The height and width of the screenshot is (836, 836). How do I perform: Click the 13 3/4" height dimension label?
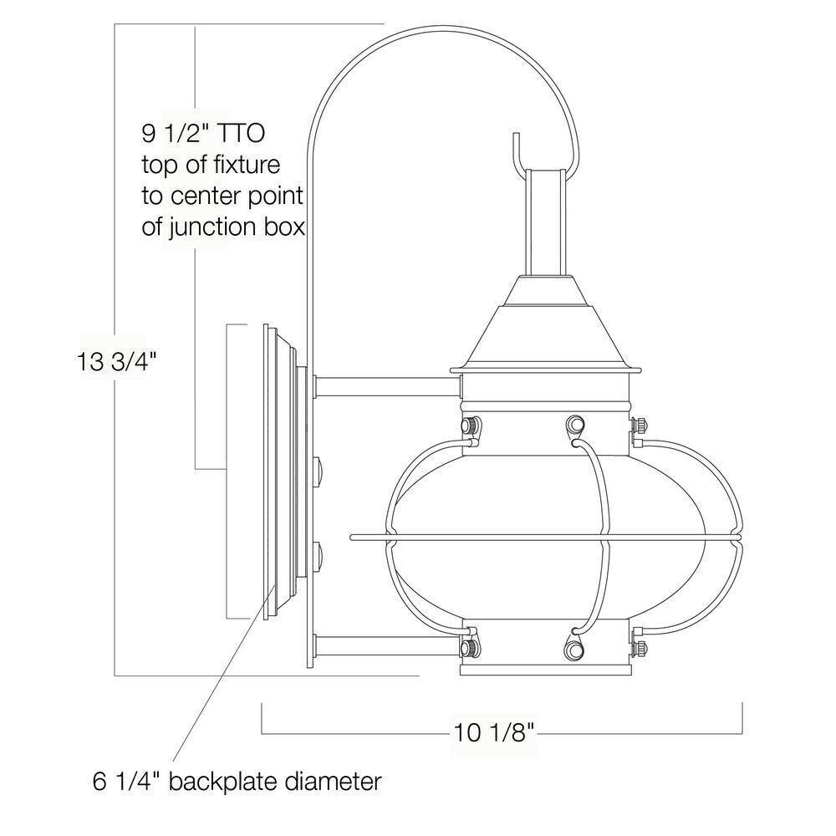118,362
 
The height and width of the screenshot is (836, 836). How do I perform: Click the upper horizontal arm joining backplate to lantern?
386,386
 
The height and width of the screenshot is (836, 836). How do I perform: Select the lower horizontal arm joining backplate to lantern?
386,645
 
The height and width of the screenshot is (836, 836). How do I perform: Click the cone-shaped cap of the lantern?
545,334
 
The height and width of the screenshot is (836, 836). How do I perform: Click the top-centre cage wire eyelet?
573,426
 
